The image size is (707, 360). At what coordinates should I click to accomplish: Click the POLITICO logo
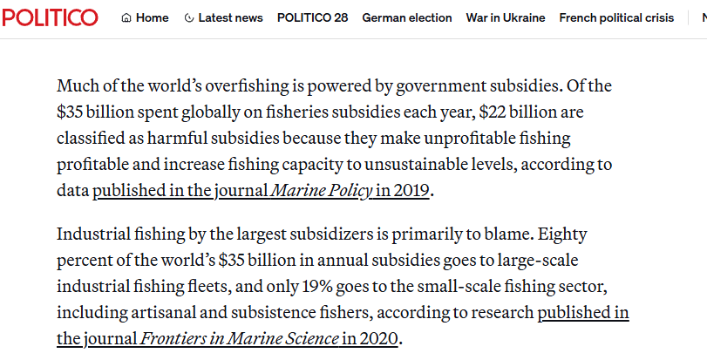[x=51, y=17]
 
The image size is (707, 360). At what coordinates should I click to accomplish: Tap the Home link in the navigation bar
[x=153, y=17]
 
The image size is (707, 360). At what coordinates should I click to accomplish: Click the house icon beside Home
[x=126, y=17]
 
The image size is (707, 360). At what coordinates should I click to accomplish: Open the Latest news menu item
[x=230, y=17]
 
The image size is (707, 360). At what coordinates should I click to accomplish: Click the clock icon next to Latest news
[x=190, y=17]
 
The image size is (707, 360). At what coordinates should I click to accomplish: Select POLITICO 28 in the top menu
[x=312, y=17]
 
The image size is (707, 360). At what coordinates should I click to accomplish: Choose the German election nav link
[x=407, y=17]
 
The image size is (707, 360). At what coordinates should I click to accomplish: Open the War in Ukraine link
[x=506, y=17]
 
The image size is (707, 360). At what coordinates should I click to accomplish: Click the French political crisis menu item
[x=616, y=17]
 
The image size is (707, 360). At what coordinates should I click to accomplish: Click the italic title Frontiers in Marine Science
[x=239, y=338]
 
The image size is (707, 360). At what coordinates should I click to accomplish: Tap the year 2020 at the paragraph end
[x=381, y=338]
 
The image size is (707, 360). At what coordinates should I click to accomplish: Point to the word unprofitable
[x=471, y=139]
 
